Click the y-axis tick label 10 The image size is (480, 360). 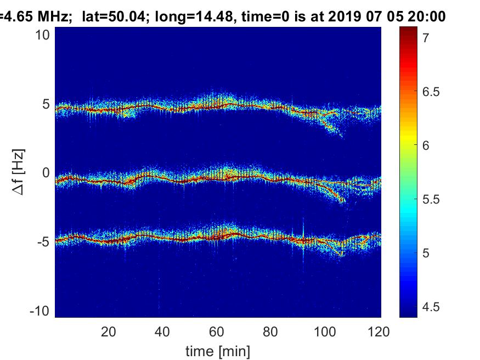pos(43,35)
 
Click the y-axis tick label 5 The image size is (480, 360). pos(47,104)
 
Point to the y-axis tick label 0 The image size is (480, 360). pos(47,173)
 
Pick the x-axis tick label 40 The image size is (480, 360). pos(163,331)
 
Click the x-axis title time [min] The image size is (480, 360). pos(218,350)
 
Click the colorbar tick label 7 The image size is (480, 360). pos(426,38)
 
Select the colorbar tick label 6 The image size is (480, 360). pos(426,145)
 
